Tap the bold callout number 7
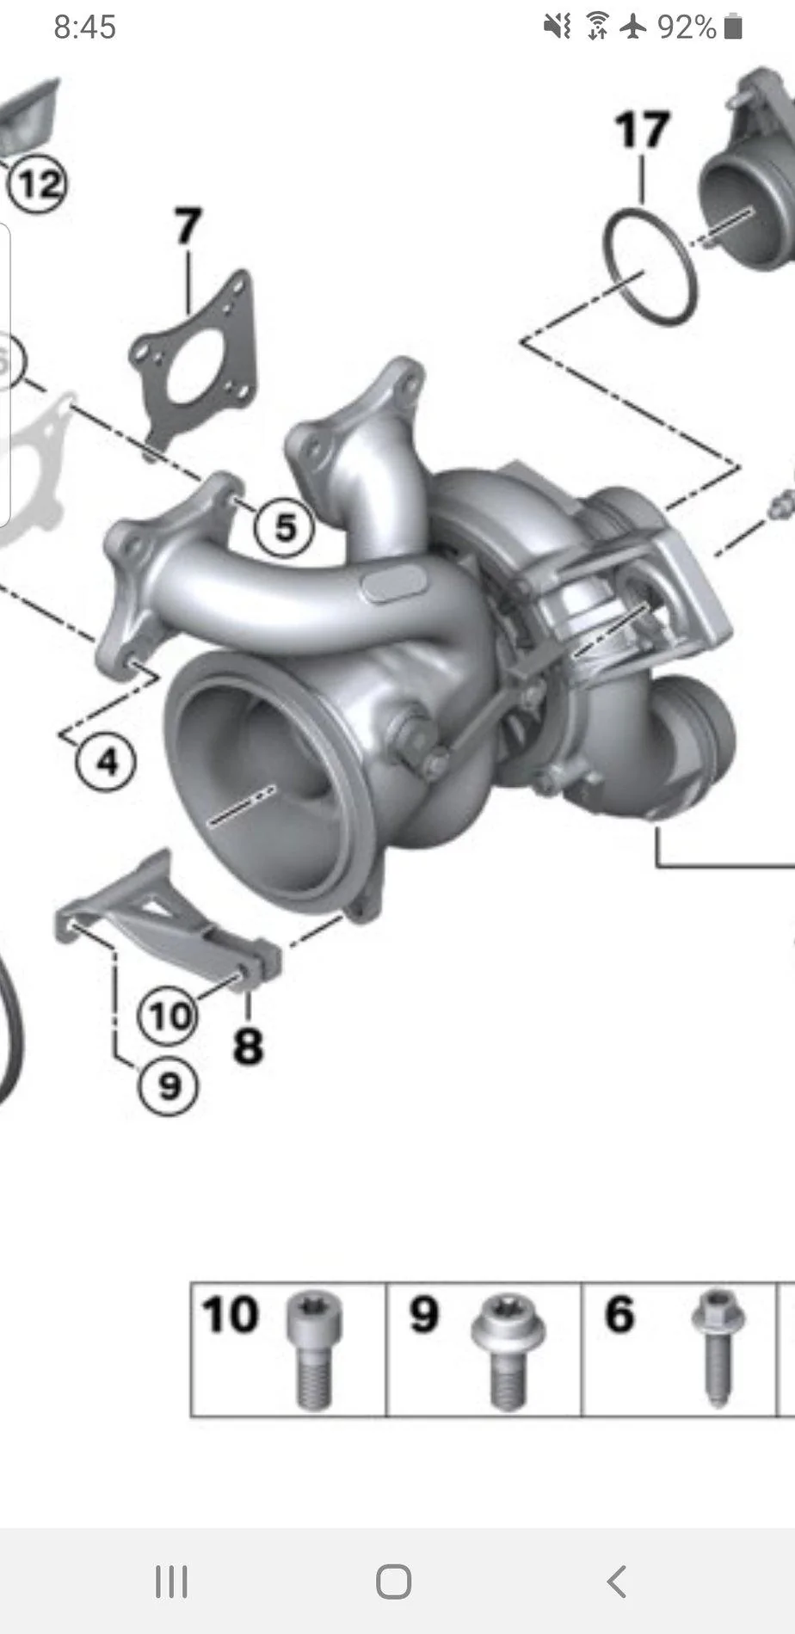pos(188,225)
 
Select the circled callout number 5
pos(285,525)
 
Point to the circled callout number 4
pos(105,761)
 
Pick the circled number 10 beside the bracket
pos(169,1016)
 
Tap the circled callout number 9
pos(169,1084)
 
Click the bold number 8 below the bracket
pos(248,1047)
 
